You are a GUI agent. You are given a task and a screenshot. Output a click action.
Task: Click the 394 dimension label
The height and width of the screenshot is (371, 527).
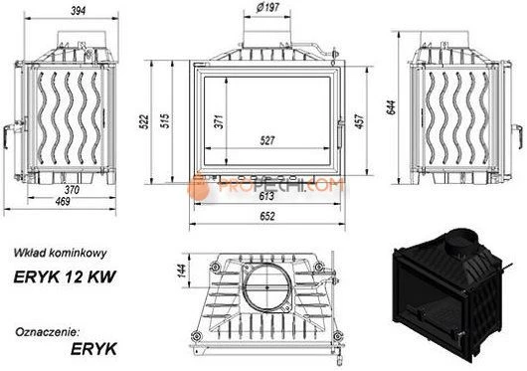coord(78,11)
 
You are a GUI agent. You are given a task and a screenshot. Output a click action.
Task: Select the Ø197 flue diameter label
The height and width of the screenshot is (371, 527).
coord(267,7)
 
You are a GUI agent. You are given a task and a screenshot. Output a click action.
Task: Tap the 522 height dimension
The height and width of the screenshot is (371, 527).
coord(144,121)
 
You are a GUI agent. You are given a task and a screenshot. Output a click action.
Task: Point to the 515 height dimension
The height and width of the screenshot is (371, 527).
coord(165,121)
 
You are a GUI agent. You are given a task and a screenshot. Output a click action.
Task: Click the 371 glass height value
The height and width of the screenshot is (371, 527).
coord(219,121)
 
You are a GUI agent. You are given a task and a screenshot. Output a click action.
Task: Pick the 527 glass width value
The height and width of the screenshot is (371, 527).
coord(267,140)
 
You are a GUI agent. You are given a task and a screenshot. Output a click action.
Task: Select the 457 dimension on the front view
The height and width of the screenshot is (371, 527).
coord(359,121)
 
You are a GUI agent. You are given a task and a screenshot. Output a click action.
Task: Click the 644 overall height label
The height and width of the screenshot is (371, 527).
coord(391,107)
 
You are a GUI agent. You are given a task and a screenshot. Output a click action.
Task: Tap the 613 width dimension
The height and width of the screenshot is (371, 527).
coord(266,196)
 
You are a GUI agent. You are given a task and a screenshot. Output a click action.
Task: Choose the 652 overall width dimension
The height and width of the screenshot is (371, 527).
coord(267,216)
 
